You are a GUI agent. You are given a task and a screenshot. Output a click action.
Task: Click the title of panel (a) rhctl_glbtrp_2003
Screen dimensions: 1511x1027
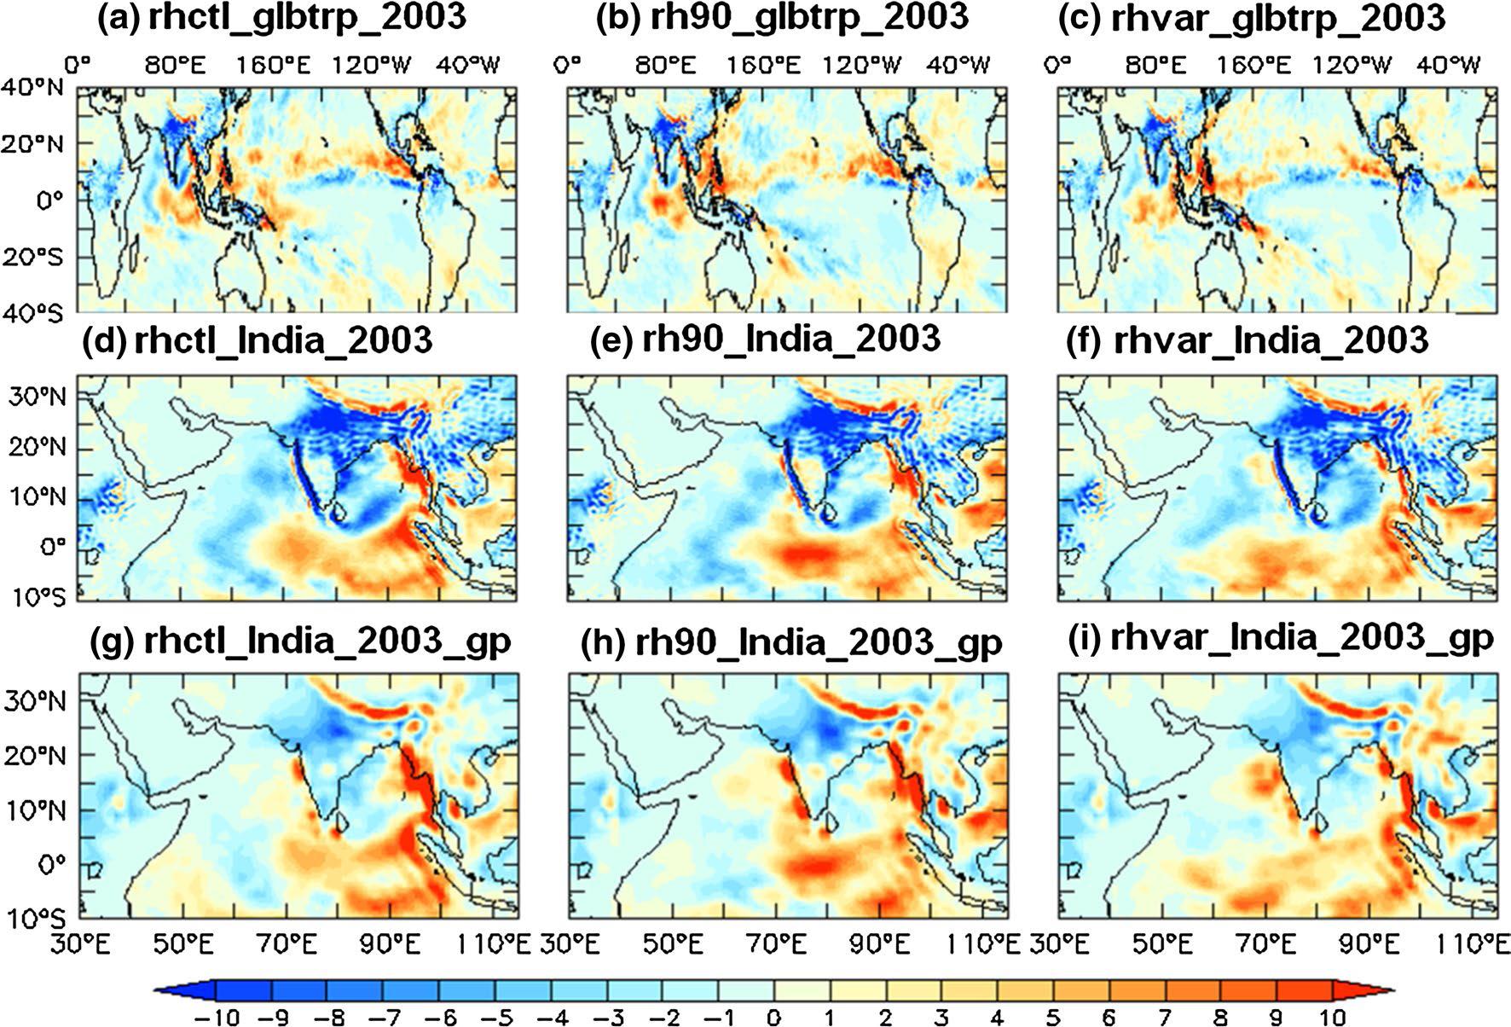click(x=282, y=18)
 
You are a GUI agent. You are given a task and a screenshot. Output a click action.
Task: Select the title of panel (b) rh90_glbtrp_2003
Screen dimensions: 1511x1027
click(x=781, y=18)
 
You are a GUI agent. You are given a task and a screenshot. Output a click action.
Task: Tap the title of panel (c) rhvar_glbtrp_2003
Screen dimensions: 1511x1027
click(x=1251, y=18)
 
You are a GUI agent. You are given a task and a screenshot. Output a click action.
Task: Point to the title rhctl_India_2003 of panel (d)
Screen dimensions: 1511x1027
click(x=258, y=339)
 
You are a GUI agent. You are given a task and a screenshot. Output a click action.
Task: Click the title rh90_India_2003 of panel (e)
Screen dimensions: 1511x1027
click(x=765, y=339)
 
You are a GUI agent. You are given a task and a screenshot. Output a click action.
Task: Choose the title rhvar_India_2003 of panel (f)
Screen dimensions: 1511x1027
click(x=1247, y=339)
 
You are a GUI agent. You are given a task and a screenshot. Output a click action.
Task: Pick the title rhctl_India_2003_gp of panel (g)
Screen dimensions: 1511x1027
click(x=300, y=640)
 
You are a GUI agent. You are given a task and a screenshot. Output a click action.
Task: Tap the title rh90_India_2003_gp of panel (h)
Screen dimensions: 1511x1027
click(x=790, y=641)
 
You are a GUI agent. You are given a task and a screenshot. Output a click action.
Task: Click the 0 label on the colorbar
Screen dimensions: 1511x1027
click(x=773, y=1016)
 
